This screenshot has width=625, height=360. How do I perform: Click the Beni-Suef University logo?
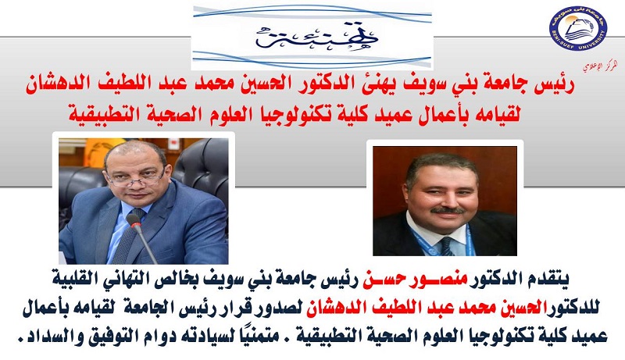pos(577,28)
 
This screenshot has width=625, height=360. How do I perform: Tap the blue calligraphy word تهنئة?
pos(317,37)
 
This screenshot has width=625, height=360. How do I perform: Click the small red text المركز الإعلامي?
pos(601,66)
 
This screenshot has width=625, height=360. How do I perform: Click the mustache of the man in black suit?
pos(447,209)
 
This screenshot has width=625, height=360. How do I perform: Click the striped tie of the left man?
pos(128,235)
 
